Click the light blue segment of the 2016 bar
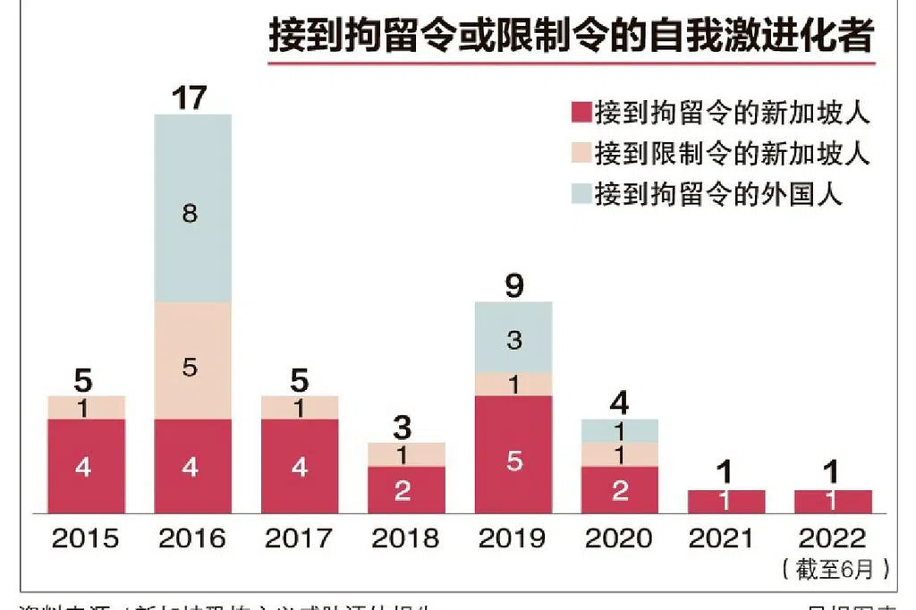point(192,208)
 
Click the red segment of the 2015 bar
point(86,465)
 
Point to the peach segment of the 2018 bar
point(406,454)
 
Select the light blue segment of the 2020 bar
point(619,430)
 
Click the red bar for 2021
point(726,501)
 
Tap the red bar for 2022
point(833,501)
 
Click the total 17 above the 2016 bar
point(190,97)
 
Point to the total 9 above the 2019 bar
point(513,286)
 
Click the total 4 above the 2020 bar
point(619,403)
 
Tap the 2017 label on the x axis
point(300,538)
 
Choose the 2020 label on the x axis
point(619,538)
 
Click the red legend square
point(580,114)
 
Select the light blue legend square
point(580,193)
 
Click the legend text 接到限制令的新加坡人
point(732,153)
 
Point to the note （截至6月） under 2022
point(835,569)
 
